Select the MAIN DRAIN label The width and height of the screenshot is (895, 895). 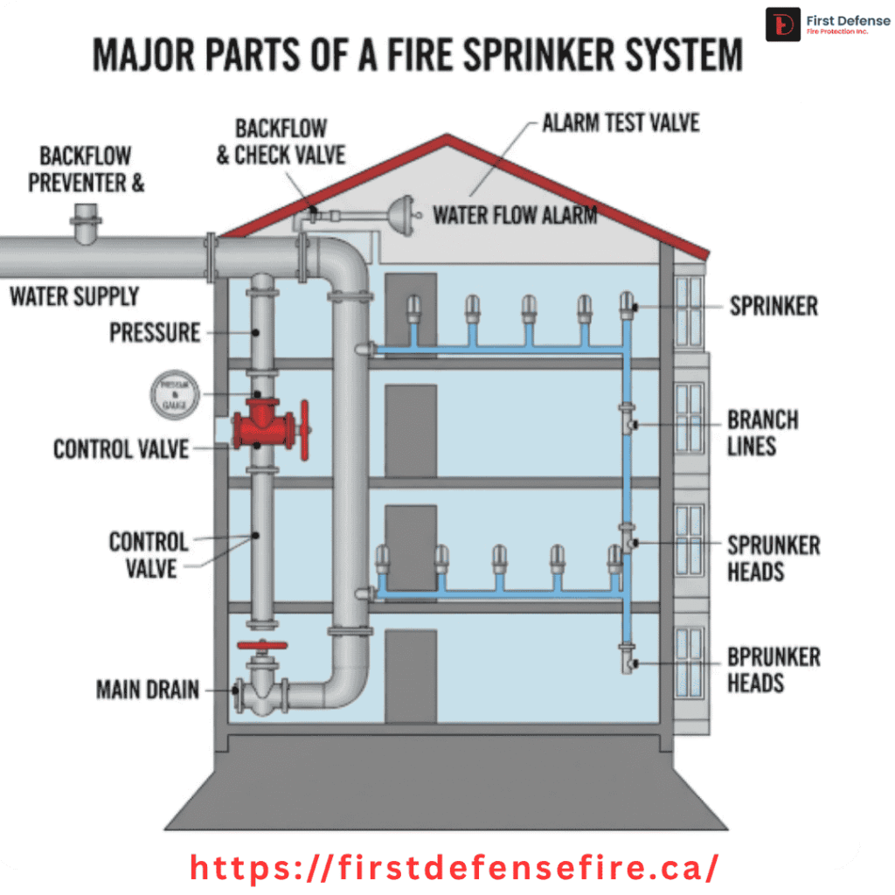pos(148,690)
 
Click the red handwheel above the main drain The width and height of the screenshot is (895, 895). pos(262,647)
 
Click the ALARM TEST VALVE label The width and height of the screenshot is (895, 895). pos(621,122)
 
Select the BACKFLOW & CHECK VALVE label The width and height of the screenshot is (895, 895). pos(281,142)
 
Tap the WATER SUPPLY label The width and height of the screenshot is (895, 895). pos(74,296)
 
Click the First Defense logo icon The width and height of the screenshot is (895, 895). pos(782,24)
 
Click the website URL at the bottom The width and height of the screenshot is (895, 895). pos(454,868)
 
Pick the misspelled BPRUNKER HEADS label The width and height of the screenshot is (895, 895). pos(774,670)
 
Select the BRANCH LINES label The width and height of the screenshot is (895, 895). pos(763,433)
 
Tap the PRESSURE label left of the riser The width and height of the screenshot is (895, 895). pos(155,333)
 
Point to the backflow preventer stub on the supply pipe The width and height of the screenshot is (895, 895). pos(87,223)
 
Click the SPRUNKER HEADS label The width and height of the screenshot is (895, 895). pos(774,559)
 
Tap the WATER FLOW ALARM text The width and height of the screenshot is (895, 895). pos(516,214)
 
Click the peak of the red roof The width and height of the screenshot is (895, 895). pos(448,140)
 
